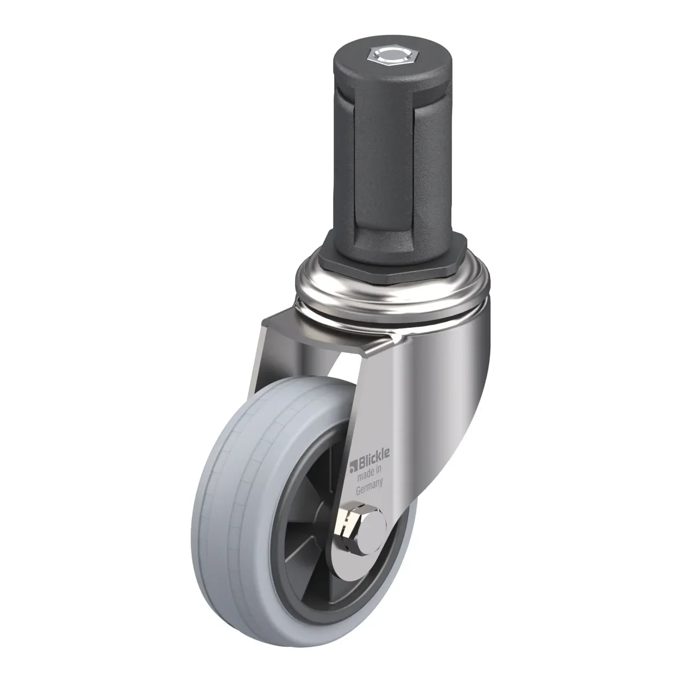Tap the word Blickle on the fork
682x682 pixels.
click(375, 455)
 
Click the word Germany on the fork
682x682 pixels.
click(369, 490)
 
